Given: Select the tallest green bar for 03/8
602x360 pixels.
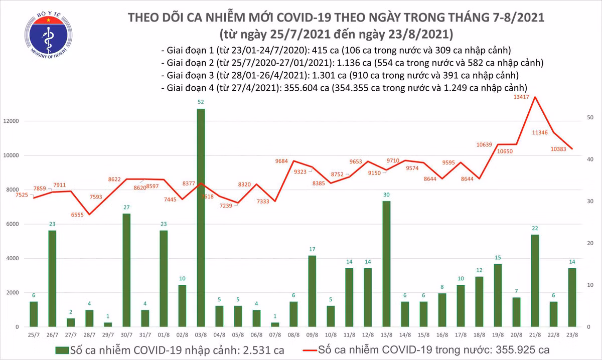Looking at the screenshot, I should [x=201, y=218].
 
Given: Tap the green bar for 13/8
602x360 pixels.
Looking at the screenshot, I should [x=387, y=264].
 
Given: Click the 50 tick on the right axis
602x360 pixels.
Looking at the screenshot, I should [x=591, y=117].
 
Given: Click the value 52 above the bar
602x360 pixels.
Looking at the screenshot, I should [x=201, y=102].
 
